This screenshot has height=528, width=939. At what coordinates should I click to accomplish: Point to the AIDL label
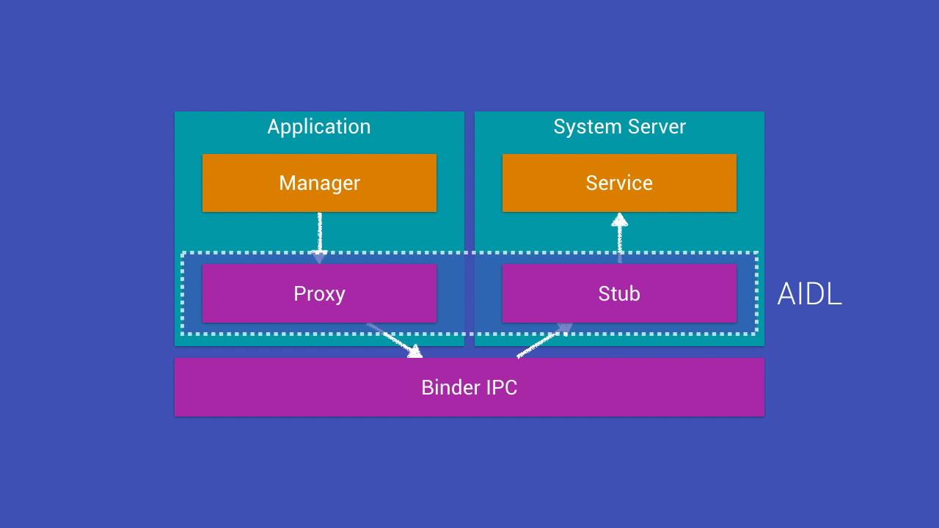pyautogui.click(x=809, y=294)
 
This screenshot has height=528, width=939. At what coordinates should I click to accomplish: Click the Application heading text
pyautogui.click(x=319, y=127)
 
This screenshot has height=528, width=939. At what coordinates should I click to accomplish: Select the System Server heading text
pyautogui.click(x=619, y=127)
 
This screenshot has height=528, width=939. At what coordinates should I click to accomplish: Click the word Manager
pyautogui.click(x=319, y=183)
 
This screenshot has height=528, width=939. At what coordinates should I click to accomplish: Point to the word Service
pyautogui.click(x=619, y=183)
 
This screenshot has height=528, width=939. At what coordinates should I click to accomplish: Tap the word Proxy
pyautogui.click(x=319, y=294)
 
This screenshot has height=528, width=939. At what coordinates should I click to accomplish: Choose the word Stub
pyautogui.click(x=619, y=294)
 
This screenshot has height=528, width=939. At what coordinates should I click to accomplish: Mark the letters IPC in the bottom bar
pyautogui.click(x=500, y=387)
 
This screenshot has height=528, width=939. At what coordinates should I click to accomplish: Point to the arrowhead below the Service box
pyautogui.click(x=619, y=219)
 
